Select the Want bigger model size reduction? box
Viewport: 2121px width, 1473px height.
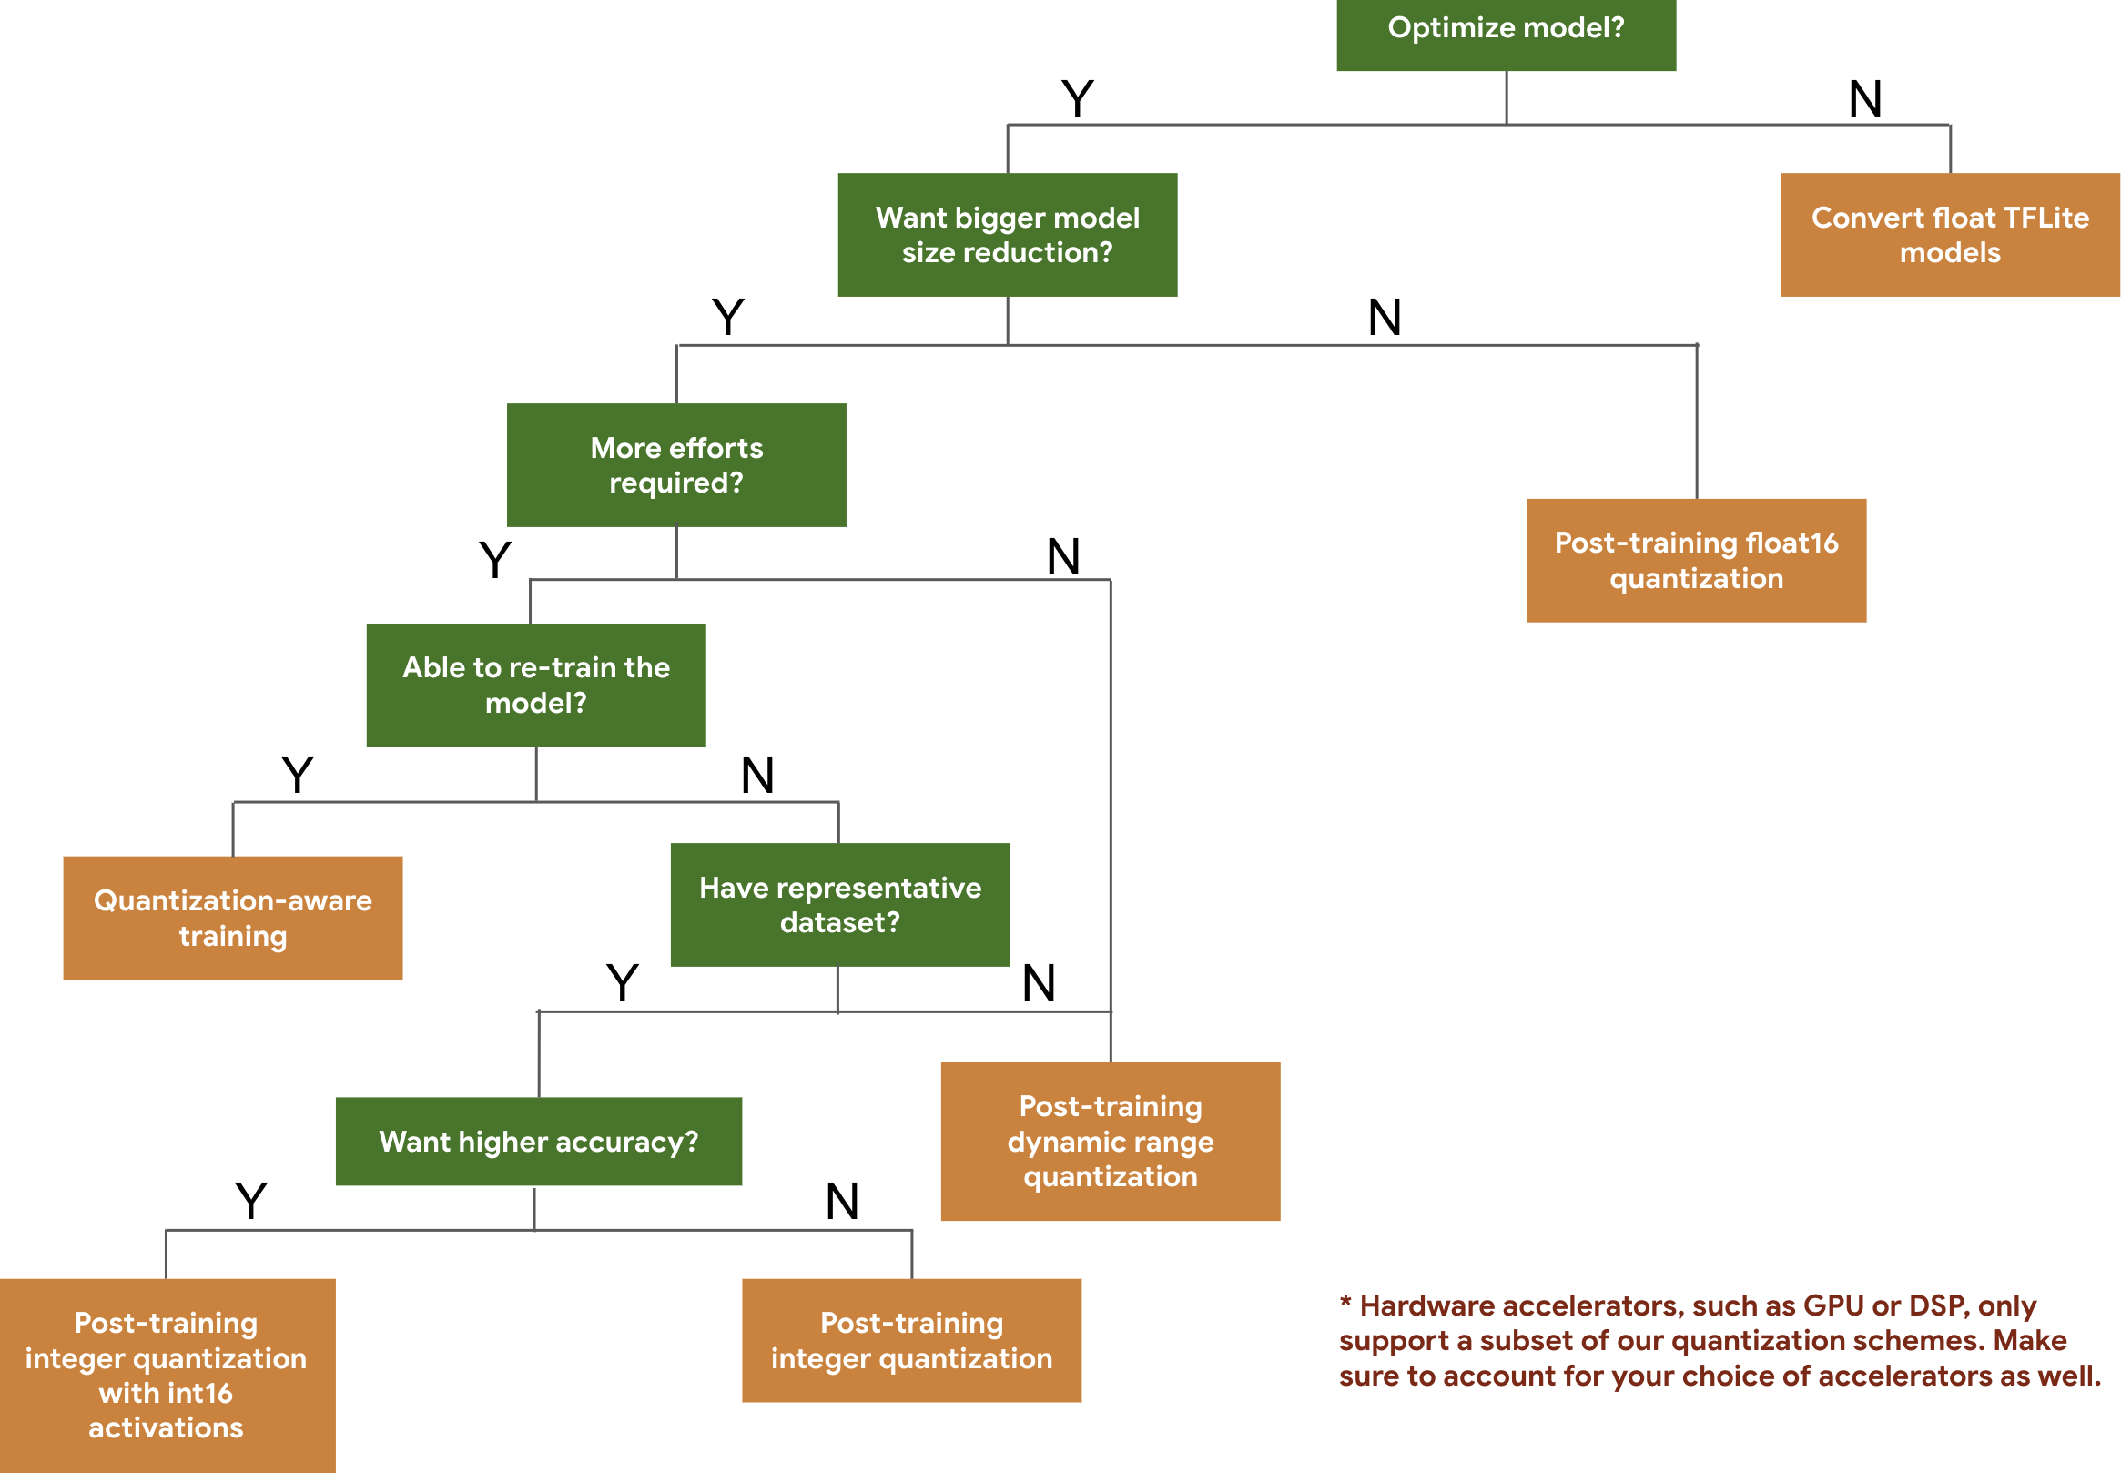pyautogui.click(x=1007, y=235)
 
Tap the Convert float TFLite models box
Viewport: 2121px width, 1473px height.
pyautogui.click(x=1948, y=235)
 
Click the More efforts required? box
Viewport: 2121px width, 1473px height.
pyautogui.click(x=676, y=464)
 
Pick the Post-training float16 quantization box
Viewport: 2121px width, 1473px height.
pyautogui.click(x=1695, y=559)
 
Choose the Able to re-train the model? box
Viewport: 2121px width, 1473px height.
pyautogui.click(x=536, y=684)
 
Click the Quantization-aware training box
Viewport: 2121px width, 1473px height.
pyautogui.click(x=232, y=917)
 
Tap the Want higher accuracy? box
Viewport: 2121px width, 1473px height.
pyautogui.click(x=538, y=1141)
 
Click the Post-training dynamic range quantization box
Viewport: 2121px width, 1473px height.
pyautogui.click(x=1110, y=1141)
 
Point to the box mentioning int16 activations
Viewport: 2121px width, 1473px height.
pyautogui.click(x=166, y=1375)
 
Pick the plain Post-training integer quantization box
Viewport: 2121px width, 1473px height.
pyautogui.click(x=910, y=1339)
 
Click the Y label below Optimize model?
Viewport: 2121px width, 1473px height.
pyautogui.click(x=1077, y=97)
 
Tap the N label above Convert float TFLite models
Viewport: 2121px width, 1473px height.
pyautogui.click(x=1864, y=97)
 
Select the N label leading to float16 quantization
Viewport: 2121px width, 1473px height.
pyautogui.click(x=1384, y=317)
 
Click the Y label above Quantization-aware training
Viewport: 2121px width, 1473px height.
pyautogui.click(x=297, y=775)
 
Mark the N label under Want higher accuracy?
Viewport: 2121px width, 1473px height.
pyautogui.click(x=841, y=1201)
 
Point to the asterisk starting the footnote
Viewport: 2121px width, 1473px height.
pyautogui.click(x=1345, y=1301)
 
